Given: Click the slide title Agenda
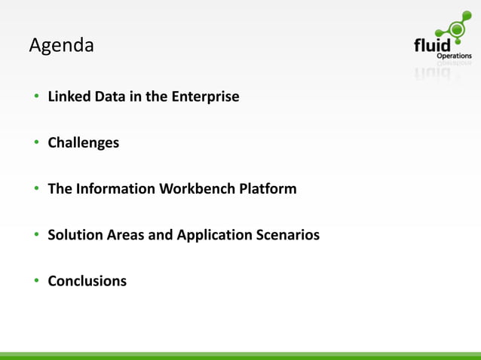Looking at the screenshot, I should [x=61, y=46].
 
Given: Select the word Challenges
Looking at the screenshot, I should [x=83, y=142].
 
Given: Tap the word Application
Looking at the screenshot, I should [x=214, y=235].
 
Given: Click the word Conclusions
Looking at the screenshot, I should [x=87, y=281].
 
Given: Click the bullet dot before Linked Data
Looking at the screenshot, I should [x=35, y=97].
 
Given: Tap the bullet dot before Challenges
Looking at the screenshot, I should [x=35, y=143].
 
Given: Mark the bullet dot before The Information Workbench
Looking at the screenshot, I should [x=35, y=189].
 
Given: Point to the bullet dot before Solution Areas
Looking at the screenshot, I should [x=35, y=236].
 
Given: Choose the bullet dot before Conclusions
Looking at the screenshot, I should [x=35, y=282].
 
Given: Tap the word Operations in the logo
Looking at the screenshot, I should [x=455, y=56].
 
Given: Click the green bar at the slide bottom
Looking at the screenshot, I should [x=240, y=355].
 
